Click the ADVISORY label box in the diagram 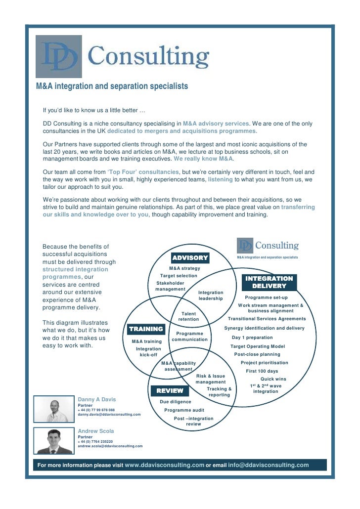190,257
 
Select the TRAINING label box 146,329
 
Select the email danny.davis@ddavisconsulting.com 109,415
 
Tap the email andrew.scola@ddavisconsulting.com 110,446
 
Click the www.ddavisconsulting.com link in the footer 165,465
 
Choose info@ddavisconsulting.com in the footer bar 269,465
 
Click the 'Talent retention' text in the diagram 188,316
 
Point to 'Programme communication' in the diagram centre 190,337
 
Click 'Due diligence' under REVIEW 175,402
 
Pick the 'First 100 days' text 262,371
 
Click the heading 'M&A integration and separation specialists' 112,86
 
